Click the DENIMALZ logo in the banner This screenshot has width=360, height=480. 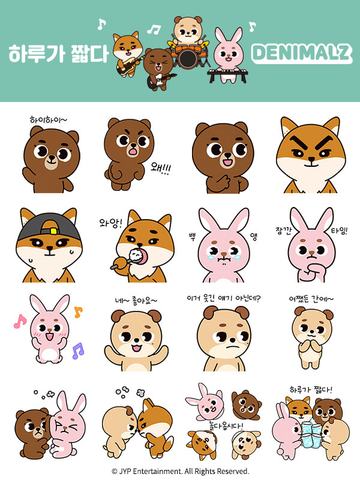pyautogui.click(x=302, y=53)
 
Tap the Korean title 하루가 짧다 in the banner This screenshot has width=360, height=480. pyautogui.click(x=58, y=53)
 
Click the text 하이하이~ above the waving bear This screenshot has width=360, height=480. pyautogui.click(x=48, y=119)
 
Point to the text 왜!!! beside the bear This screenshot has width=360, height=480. pyautogui.click(x=161, y=168)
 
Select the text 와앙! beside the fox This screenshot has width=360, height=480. pyautogui.click(x=110, y=223)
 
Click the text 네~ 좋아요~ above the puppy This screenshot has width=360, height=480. pyautogui.click(x=136, y=301)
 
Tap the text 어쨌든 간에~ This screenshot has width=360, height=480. pyautogui.click(x=311, y=299)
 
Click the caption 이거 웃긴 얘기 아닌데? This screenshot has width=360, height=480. pyautogui.click(x=223, y=298)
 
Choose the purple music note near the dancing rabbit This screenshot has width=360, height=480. pyautogui.click(x=78, y=351)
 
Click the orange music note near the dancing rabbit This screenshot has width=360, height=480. pyautogui.click(x=78, y=312)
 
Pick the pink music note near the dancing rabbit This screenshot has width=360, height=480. pyautogui.click(x=20, y=321)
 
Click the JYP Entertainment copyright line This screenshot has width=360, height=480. pyautogui.click(x=181, y=471)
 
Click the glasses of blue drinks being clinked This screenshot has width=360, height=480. pyautogui.click(x=311, y=433)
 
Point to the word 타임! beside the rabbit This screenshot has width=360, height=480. pyautogui.click(x=339, y=230)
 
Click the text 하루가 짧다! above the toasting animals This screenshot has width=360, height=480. pyautogui.click(x=311, y=389)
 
